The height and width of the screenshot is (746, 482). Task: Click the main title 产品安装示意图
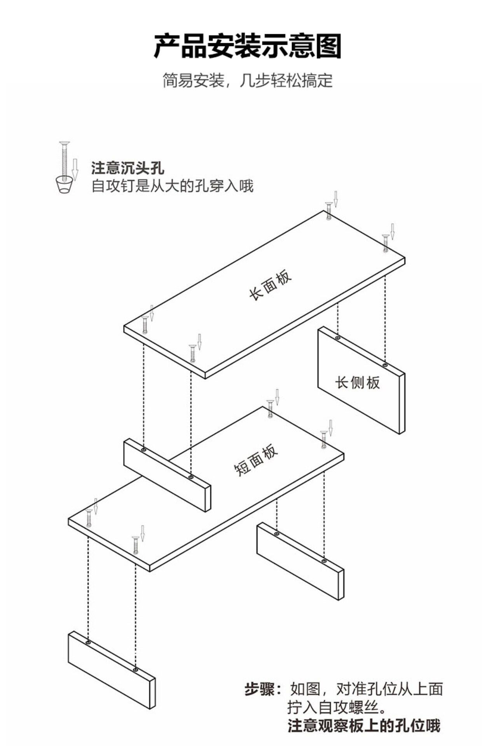click(x=248, y=46)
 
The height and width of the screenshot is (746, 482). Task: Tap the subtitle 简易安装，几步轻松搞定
click(x=248, y=80)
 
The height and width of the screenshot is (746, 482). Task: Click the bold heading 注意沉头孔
click(x=128, y=168)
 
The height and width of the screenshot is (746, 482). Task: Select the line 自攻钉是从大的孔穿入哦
click(x=172, y=186)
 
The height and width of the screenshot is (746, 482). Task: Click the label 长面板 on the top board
click(x=270, y=285)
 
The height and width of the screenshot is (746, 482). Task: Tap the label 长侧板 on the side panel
click(x=358, y=383)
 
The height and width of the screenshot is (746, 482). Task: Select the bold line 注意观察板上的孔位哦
click(x=364, y=725)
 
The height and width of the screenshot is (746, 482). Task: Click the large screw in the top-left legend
click(x=64, y=159)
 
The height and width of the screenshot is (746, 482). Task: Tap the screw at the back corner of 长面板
click(x=329, y=211)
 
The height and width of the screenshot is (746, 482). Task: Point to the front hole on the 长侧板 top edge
click(x=385, y=365)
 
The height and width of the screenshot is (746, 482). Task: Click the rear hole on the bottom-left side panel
click(x=89, y=643)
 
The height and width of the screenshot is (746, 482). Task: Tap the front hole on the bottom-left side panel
click(x=135, y=670)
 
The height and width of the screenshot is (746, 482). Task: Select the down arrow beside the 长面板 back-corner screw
click(x=336, y=199)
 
